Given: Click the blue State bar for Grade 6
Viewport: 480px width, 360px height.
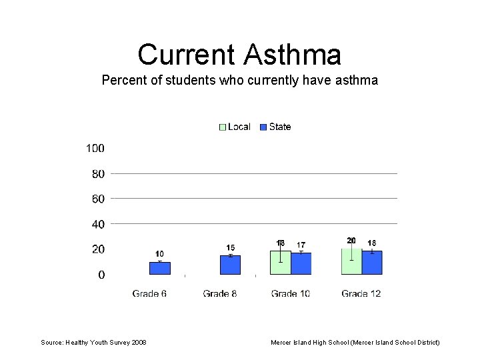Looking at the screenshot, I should click(160, 268).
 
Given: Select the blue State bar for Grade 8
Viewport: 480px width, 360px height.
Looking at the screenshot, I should click(231, 265).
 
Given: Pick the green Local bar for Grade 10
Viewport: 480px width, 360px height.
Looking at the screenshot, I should click(281, 263).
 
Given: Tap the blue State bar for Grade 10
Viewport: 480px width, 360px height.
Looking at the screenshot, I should click(301, 263).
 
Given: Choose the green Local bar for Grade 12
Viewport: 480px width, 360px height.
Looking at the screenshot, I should click(351, 261).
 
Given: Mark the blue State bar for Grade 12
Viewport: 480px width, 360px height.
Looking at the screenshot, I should click(372, 263).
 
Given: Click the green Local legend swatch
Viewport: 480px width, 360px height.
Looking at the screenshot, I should click(223, 127).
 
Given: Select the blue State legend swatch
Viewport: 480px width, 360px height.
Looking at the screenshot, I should click(263, 127).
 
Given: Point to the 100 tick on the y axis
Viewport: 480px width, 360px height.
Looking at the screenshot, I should click(95, 148).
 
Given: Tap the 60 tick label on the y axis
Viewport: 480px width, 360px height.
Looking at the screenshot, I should click(98, 199).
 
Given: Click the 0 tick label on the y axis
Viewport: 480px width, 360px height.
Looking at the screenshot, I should click(101, 275).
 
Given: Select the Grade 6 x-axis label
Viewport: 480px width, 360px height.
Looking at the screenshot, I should click(149, 293).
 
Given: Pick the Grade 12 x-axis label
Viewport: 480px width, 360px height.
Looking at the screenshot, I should click(361, 293).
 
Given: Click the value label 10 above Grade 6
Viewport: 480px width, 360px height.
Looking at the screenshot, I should click(160, 254).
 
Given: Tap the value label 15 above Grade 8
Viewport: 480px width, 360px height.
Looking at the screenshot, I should click(231, 248).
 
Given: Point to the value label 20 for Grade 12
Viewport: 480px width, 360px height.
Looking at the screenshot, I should click(351, 241).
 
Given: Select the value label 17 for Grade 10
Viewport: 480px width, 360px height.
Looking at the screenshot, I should click(301, 245).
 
